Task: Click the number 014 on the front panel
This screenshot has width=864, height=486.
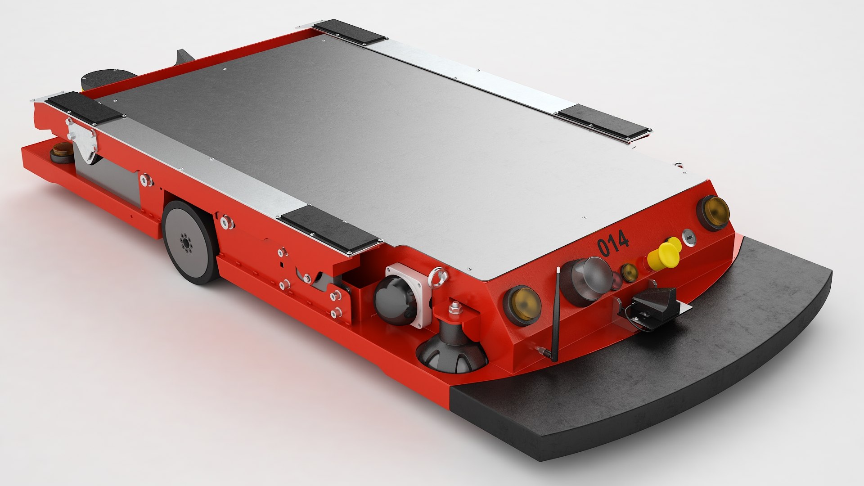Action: pyautogui.click(x=613, y=243)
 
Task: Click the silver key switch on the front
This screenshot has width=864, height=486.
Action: pyautogui.click(x=689, y=237)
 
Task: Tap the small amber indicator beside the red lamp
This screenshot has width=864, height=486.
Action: pyautogui.click(x=630, y=273)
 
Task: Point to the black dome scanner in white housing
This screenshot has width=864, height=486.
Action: pyautogui.click(x=396, y=300)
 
